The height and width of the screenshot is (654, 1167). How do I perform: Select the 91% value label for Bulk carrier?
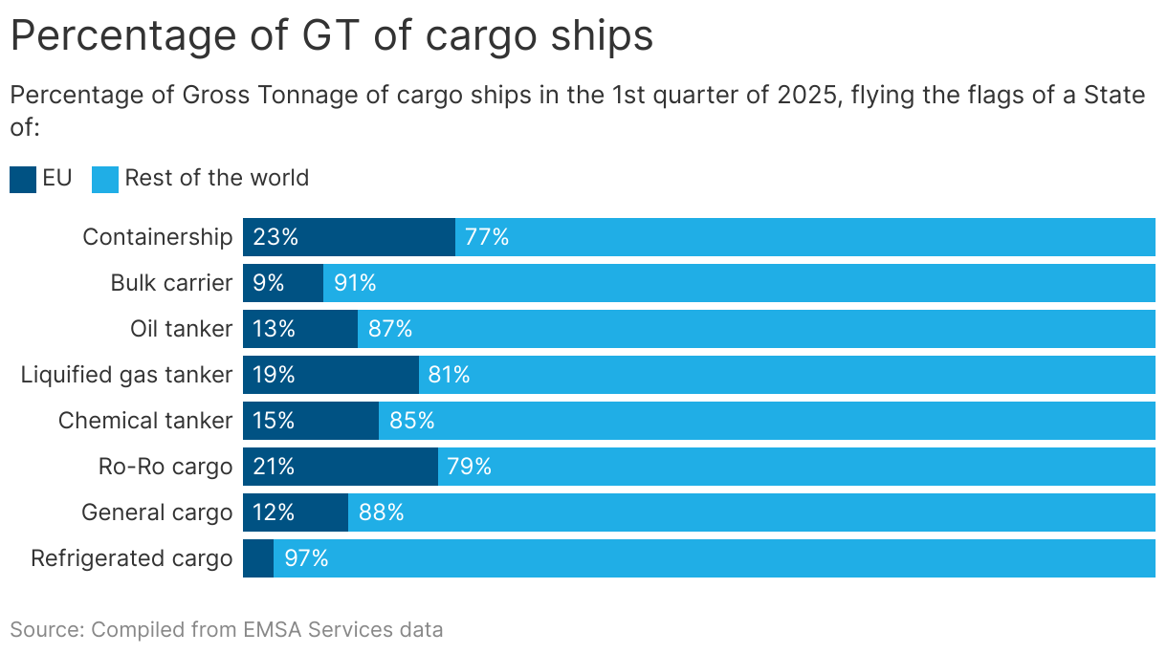point(355,283)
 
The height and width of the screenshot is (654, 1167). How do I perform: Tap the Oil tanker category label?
point(181,329)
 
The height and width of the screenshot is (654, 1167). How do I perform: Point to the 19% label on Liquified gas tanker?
point(275,375)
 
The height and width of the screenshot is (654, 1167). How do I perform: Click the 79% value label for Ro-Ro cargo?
point(469,467)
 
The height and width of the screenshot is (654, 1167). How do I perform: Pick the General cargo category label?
point(157,512)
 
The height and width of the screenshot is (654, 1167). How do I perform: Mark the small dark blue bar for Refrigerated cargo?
point(258,558)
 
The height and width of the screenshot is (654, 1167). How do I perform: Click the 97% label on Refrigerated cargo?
point(306,558)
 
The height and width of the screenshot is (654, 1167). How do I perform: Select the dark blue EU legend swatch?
point(23,179)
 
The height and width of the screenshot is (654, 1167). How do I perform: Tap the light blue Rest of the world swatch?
point(105,179)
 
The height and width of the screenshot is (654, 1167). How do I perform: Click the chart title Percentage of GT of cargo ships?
point(331,36)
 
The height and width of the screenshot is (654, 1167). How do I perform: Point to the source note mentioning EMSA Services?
point(227,629)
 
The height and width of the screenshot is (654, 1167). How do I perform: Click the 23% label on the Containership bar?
point(275,237)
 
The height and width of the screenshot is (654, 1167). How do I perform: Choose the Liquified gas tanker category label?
point(126,375)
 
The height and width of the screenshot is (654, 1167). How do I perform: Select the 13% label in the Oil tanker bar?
point(275,329)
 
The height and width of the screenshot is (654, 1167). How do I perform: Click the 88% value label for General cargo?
point(381,512)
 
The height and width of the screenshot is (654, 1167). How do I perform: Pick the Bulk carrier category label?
point(171,283)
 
